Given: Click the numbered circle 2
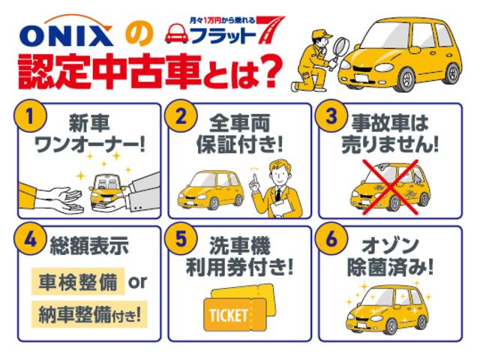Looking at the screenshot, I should pos(180,117).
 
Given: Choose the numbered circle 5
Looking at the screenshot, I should pos(180,242).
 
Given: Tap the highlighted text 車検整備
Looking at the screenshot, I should pos(77,282).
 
